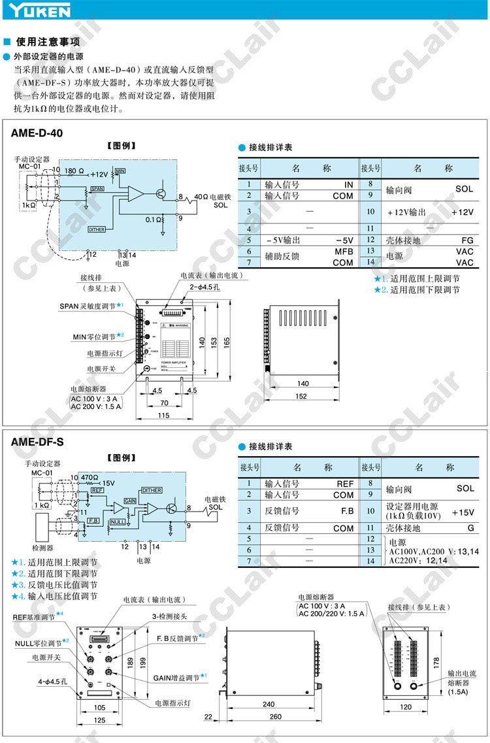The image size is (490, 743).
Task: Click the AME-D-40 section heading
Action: [x=37, y=133]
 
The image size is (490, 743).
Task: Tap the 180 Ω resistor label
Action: [x=74, y=171]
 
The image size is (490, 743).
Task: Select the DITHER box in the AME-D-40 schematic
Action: [x=97, y=229]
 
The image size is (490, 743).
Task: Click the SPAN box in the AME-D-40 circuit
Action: [x=97, y=188]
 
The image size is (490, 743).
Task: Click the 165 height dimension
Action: [x=227, y=342]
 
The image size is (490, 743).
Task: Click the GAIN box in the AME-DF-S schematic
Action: [x=131, y=500]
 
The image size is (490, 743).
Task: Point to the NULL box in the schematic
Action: [x=117, y=522]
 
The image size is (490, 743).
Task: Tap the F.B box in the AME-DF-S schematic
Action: [x=93, y=521]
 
